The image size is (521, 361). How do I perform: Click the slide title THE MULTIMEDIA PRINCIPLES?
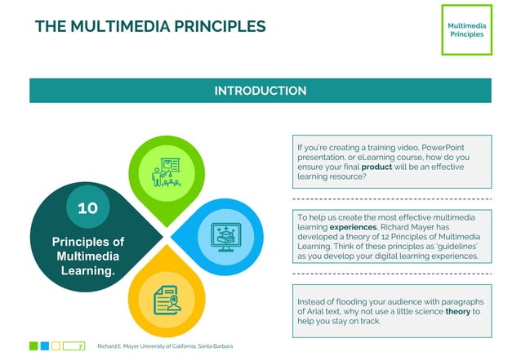150,26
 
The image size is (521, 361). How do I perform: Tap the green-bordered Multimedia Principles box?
466,30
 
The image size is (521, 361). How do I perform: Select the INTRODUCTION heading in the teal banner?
260,91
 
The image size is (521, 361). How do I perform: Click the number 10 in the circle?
87,208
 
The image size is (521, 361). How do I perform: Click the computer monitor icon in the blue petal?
222,235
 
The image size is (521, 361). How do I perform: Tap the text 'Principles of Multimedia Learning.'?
87,256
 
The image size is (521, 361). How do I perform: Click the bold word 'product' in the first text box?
377,167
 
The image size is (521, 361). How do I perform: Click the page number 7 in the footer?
80,347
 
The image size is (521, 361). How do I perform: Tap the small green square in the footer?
33,346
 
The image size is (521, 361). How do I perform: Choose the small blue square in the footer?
45,346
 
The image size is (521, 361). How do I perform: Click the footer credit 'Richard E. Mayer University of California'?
164,347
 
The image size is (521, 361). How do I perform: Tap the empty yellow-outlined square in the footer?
56,346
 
